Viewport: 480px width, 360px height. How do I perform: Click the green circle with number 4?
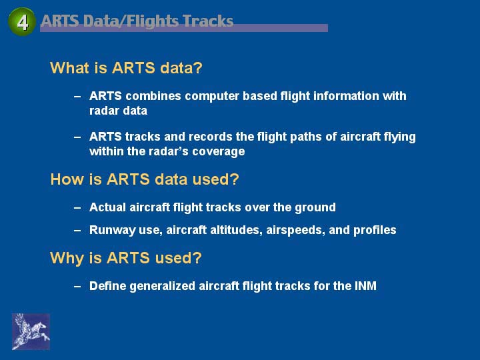pos(22,22)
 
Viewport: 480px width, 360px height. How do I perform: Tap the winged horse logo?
pos(31,331)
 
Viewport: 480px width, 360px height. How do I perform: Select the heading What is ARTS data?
pos(126,67)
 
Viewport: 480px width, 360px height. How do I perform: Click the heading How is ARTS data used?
pos(145,179)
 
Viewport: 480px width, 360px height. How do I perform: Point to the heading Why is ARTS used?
pos(126,258)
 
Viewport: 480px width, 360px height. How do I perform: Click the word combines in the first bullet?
pos(153,96)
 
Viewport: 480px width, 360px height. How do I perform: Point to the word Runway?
pos(113,230)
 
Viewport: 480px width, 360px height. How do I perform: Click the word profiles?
pos(375,230)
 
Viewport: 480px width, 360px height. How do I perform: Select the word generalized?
pos(162,286)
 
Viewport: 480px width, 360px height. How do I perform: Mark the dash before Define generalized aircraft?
pos(77,286)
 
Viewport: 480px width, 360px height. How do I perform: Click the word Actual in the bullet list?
pos(108,207)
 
